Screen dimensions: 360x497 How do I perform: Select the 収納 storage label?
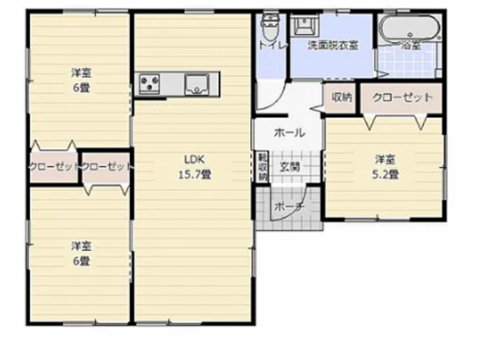[x=342, y=98]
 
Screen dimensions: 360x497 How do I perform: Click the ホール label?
[x=289, y=132]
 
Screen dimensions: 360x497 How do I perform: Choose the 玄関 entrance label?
[x=289, y=167]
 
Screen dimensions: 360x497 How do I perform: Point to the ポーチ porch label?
[x=287, y=205]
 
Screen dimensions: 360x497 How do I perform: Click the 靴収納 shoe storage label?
[x=261, y=167]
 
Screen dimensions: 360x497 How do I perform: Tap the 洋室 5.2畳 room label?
[x=384, y=166]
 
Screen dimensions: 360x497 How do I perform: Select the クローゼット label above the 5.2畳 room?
[x=403, y=98]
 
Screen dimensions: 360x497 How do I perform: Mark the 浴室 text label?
[x=411, y=46]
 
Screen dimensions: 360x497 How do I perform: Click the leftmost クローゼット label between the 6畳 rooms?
[x=53, y=167]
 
